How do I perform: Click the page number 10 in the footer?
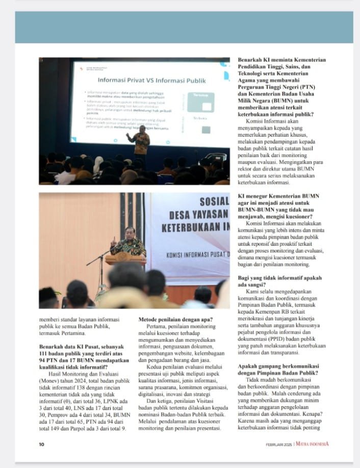click(42, 444)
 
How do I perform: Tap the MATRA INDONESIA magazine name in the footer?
click(311, 444)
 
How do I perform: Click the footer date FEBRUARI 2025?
click(279, 444)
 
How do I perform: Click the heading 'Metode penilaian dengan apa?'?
click(175, 320)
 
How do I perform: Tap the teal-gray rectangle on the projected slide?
click(200, 102)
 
